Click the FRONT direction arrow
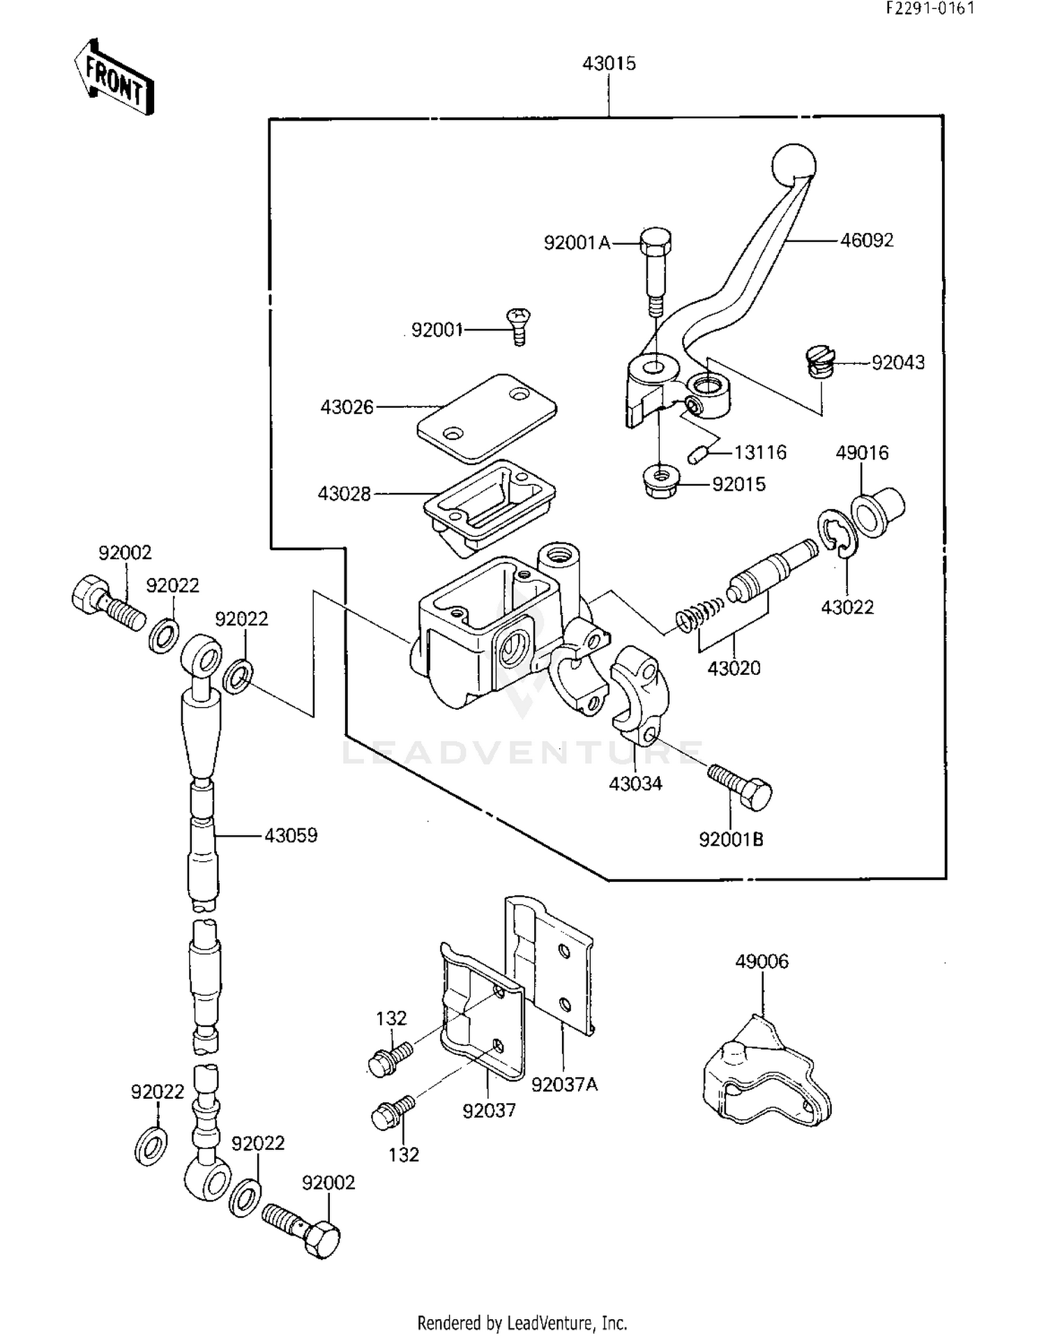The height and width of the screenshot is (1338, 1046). click(x=114, y=77)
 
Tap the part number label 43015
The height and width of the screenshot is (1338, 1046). click(x=609, y=63)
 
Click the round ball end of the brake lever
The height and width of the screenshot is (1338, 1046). click(x=794, y=165)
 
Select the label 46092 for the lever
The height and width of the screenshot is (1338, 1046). click(x=866, y=241)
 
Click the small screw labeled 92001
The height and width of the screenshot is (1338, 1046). click(x=518, y=326)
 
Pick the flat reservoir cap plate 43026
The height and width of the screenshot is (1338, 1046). click(x=487, y=418)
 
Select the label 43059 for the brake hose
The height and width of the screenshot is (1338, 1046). click(x=291, y=835)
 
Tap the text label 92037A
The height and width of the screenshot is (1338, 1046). click(x=564, y=1084)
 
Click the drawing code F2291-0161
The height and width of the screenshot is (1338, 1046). click(x=930, y=8)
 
